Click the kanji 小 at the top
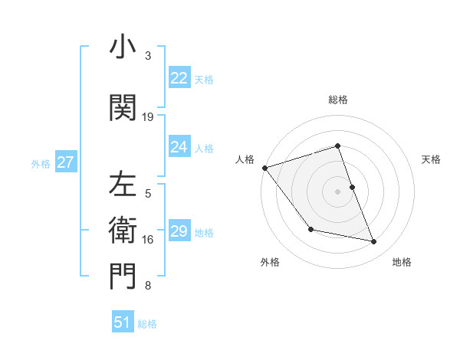(123, 47)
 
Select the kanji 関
(123, 108)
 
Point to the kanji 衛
(123, 230)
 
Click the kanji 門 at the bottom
(123, 277)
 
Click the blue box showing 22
(179, 78)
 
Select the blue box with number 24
(179, 147)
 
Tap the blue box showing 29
(179, 231)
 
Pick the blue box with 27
(65, 162)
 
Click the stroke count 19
(148, 117)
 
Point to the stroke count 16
(148, 240)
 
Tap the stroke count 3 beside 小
(148, 56)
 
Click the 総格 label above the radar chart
(338, 100)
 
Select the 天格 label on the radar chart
(431, 159)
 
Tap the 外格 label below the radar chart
(270, 262)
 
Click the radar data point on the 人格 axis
(264, 168)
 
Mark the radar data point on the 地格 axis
(374, 242)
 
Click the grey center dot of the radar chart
(338, 191)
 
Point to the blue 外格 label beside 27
(41, 163)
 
